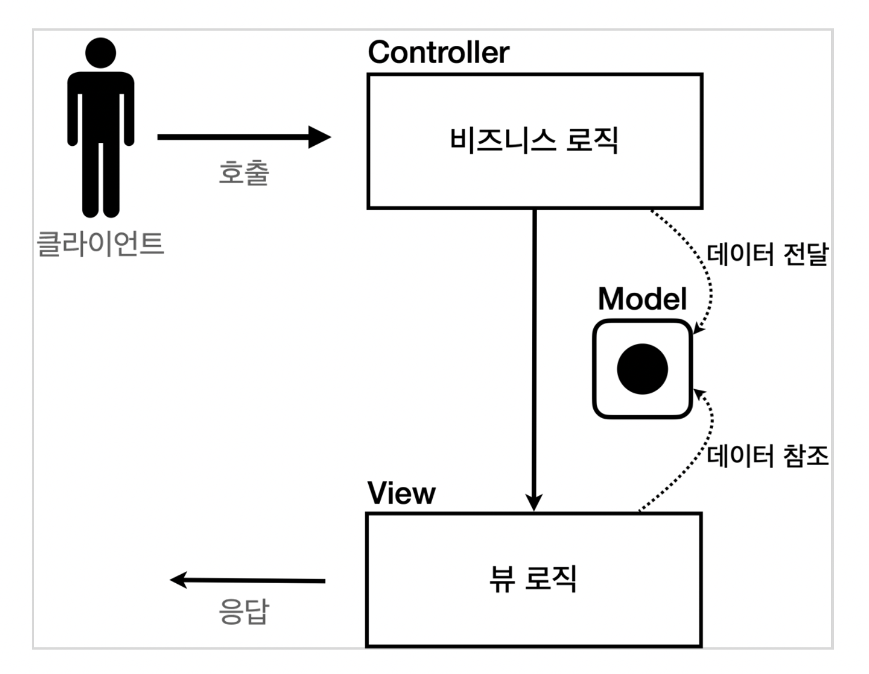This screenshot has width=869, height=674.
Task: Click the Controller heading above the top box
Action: (x=438, y=52)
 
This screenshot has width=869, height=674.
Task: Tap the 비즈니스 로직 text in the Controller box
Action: (x=534, y=140)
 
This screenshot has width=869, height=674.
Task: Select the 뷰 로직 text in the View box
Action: (x=533, y=579)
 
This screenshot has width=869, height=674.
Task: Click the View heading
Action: (x=401, y=493)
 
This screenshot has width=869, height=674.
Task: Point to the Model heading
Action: (x=642, y=298)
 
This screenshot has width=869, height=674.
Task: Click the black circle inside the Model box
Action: (x=642, y=369)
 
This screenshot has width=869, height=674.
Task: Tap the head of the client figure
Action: (x=100, y=53)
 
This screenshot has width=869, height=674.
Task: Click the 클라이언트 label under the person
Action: (x=100, y=244)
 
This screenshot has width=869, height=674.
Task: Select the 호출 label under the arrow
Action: (x=243, y=172)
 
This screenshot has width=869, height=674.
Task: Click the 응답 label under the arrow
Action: (x=243, y=612)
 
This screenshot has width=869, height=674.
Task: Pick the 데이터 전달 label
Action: (x=767, y=255)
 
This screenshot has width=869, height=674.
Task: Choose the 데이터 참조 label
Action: (x=767, y=456)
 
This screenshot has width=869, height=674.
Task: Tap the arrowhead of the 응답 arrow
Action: (x=179, y=580)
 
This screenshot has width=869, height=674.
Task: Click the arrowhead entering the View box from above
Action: (x=534, y=502)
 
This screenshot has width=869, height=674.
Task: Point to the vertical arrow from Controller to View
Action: (x=534, y=352)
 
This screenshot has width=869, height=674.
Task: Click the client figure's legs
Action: (x=100, y=182)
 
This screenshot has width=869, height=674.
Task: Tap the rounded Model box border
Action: (x=594, y=369)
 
